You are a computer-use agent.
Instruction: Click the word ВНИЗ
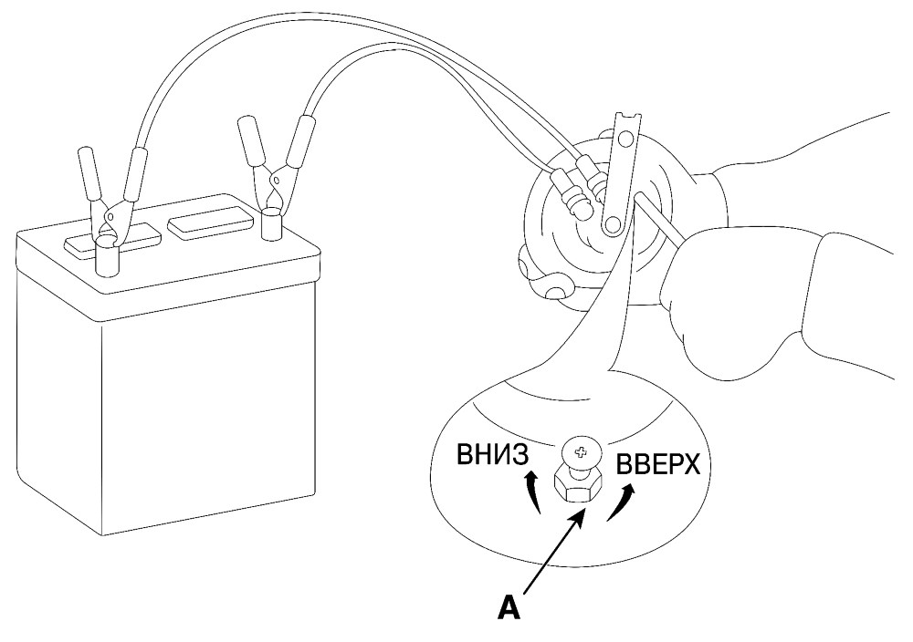[493, 455]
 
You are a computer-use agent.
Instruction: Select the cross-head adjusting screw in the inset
[580, 451]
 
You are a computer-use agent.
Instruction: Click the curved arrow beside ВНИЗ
[532, 493]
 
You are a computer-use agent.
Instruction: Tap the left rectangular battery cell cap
[112, 241]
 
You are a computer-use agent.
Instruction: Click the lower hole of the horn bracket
[612, 225]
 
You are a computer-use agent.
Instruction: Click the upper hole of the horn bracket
[625, 139]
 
